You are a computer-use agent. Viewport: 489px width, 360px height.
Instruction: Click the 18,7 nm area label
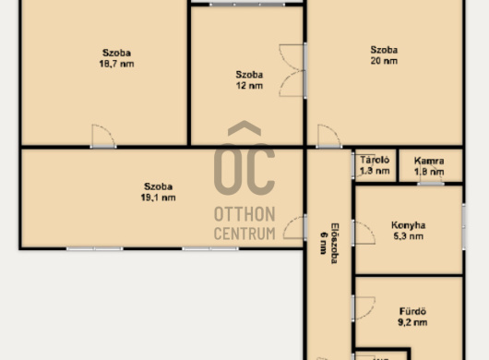(x=116, y=64)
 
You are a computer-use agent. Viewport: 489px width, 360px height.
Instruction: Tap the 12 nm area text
(x=249, y=86)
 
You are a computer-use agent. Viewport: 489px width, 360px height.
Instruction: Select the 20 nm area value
(x=384, y=61)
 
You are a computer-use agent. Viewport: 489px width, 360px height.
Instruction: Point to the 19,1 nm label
(x=158, y=198)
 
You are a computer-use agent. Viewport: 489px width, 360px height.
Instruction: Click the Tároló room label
(x=375, y=160)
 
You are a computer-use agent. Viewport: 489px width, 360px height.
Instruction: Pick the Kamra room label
(x=429, y=161)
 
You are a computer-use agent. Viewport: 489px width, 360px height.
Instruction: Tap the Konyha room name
(x=408, y=225)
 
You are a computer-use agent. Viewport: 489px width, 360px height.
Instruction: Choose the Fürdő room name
(x=412, y=311)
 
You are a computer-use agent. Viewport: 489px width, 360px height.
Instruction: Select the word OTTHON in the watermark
(x=244, y=214)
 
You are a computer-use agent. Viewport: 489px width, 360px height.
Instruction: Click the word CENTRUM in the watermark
(x=244, y=234)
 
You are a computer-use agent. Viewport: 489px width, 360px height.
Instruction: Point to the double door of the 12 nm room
(x=292, y=70)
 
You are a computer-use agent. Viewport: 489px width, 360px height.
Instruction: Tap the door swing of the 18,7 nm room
(x=103, y=136)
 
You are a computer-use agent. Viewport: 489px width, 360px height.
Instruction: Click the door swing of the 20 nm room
(x=329, y=136)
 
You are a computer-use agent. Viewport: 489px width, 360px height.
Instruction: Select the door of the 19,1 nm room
(x=293, y=228)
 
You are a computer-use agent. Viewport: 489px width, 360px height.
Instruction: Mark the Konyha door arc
(x=364, y=233)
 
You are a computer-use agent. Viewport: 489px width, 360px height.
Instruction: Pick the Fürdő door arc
(x=364, y=308)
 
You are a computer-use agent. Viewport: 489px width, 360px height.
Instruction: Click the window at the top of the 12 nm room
(x=247, y=5)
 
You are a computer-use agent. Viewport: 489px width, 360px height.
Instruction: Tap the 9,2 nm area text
(x=412, y=322)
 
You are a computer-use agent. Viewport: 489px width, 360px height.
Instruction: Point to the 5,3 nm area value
(x=408, y=236)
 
